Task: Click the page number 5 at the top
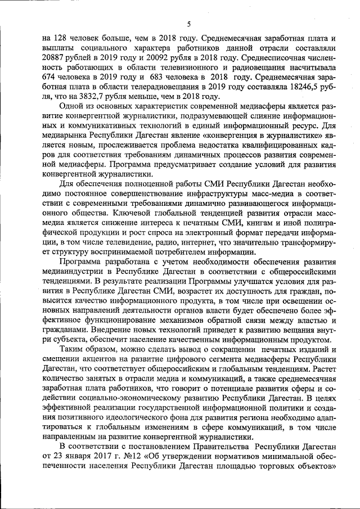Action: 189,23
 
